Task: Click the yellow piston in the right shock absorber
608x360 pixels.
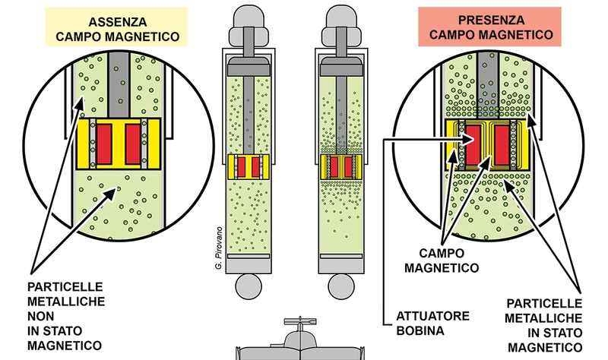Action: [x=340, y=167]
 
